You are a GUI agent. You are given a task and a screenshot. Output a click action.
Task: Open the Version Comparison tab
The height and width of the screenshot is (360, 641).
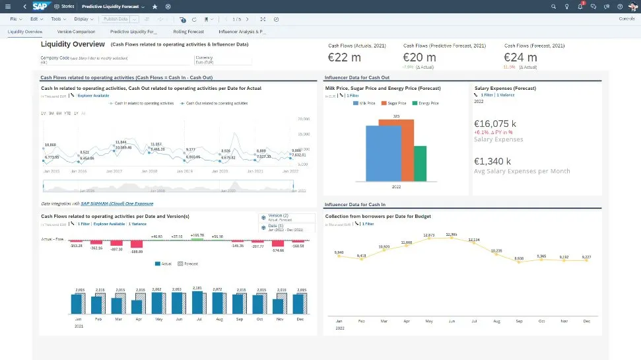(76, 32)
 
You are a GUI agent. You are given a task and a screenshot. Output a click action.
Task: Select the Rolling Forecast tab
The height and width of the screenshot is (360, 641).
(188, 32)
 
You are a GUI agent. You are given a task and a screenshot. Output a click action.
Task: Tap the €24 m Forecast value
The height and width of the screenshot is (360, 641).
(521, 57)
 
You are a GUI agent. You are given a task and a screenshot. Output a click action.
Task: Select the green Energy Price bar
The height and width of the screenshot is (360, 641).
(420, 163)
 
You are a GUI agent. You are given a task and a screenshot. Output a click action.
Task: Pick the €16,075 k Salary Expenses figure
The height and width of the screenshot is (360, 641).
(495, 123)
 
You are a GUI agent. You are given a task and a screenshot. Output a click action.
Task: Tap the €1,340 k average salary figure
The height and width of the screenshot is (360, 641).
(493, 161)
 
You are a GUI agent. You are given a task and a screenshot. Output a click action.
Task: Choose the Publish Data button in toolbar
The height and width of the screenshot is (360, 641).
(116, 19)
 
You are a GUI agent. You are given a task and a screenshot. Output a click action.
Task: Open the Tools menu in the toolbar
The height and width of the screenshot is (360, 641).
(57, 19)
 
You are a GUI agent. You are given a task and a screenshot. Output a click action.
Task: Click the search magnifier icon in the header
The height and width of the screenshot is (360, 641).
(553, 6)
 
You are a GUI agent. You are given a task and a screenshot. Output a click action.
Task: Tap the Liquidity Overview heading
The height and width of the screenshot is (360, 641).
(73, 44)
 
